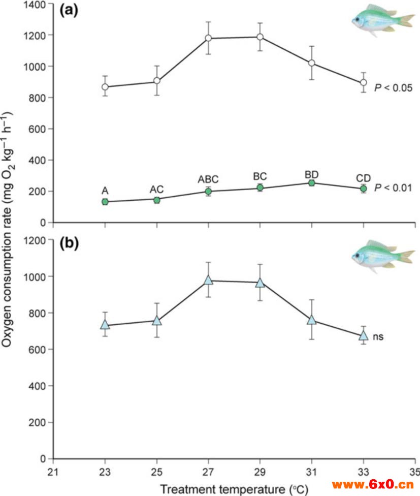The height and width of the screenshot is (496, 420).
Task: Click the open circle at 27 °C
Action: (x=208, y=38)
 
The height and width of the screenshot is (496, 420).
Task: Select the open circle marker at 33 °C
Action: (x=363, y=82)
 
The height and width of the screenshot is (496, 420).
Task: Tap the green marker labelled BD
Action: (x=311, y=182)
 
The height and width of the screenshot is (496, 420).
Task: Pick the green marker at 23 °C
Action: (x=105, y=202)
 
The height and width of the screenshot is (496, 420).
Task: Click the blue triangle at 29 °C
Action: (x=260, y=283)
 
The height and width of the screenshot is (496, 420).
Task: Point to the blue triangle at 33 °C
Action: (x=363, y=335)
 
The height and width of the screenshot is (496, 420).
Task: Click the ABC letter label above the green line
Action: (x=208, y=179)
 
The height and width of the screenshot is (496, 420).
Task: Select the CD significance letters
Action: (x=363, y=177)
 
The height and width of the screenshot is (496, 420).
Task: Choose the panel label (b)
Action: (x=69, y=243)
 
